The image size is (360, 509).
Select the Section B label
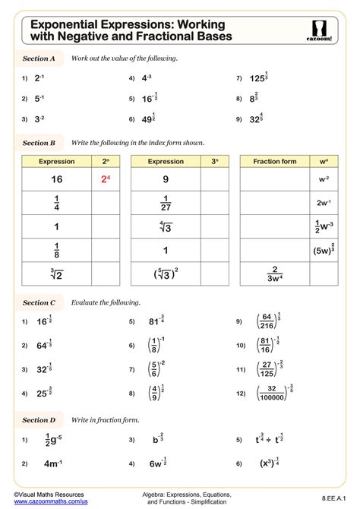39,142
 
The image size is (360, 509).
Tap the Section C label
39,302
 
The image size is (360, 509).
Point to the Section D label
39,419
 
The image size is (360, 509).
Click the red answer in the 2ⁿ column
106,179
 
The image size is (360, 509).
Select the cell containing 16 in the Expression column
56,179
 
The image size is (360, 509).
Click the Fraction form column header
274,161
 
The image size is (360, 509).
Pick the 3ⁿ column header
215,161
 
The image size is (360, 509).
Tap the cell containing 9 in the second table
166,179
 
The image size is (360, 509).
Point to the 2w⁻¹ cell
323,204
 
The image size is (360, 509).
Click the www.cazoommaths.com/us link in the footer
50,502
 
